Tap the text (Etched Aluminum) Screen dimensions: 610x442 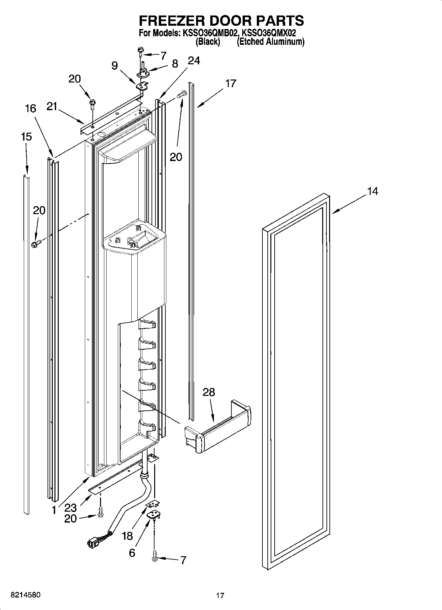(x=270, y=42)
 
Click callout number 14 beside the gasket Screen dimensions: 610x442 (x=372, y=191)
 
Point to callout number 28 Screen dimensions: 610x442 (x=209, y=392)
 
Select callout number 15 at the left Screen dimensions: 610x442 (x=26, y=137)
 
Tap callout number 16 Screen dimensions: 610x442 (x=30, y=108)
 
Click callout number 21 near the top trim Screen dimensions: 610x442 (x=52, y=106)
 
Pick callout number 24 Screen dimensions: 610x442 (x=194, y=61)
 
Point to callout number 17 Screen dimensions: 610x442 (x=231, y=83)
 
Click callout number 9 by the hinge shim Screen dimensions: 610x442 (x=114, y=66)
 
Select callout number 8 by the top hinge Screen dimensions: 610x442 (x=175, y=63)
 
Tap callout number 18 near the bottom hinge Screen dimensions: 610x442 (x=128, y=536)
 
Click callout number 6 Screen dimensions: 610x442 (x=132, y=553)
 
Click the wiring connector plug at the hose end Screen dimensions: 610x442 (x=93, y=542)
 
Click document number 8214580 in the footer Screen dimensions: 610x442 (x=26, y=595)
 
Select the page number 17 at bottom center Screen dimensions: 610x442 (x=220, y=595)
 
